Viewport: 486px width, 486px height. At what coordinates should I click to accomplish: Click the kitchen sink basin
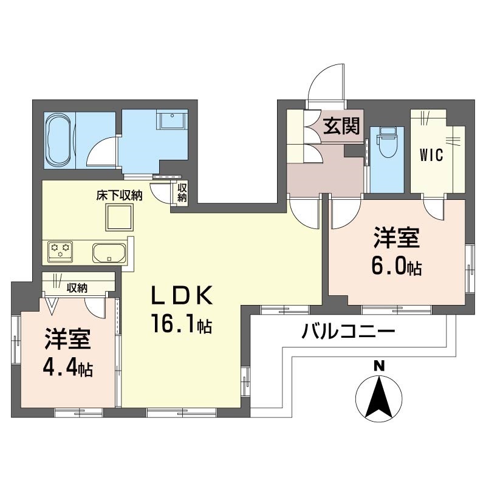(x=109, y=252)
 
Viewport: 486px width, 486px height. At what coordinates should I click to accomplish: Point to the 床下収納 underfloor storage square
(x=119, y=217)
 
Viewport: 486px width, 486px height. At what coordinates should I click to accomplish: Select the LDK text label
(x=181, y=296)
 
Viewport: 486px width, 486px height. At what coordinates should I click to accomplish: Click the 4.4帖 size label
(x=68, y=368)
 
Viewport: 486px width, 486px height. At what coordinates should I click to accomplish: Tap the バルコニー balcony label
(x=349, y=332)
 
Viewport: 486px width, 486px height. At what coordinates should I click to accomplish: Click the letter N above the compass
(x=378, y=366)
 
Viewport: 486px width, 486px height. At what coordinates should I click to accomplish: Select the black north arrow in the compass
(x=378, y=398)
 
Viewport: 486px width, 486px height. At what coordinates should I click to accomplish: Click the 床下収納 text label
(x=119, y=196)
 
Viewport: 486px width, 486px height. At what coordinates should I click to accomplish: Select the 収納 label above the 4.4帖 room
(x=77, y=288)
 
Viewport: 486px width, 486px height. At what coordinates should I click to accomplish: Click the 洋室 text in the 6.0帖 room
(x=397, y=239)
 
